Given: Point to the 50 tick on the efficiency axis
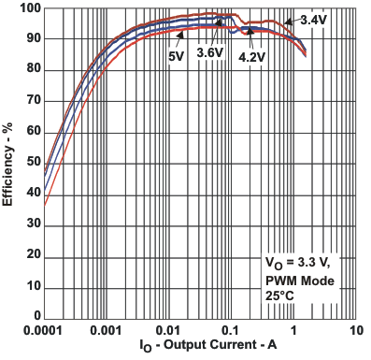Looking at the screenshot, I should coord(30,163).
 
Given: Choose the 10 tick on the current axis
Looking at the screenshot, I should coord(355,331).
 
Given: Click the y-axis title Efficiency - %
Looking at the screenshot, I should coord(10,163).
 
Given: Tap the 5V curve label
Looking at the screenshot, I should coord(176,56).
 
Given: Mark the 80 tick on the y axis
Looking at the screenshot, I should coord(30,70).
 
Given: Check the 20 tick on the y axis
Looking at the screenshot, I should coord(30,255).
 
